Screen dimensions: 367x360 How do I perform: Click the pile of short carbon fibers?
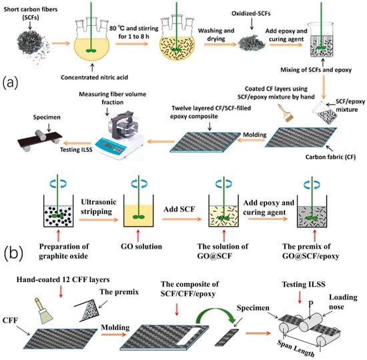[x=33, y=45]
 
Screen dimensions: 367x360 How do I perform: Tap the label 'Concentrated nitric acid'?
[x=94, y=77]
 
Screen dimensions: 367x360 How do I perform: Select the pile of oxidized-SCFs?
[x=252, y=43]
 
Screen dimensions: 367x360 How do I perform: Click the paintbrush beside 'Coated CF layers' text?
[x=286, y=113]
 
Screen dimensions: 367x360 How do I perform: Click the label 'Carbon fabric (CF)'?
[x=330, y=157]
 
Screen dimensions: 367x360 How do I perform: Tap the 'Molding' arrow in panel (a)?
[x=251, y=141]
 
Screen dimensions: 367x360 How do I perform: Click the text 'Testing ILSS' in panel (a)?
[x=76, y=150]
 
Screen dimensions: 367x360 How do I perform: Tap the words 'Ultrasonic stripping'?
[x=99, y=207]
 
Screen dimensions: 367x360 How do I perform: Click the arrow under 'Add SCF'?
[x=181, y=219]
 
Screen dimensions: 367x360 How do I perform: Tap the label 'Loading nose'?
[x=343, y=302]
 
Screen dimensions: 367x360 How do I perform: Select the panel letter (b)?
[x=13, y=253]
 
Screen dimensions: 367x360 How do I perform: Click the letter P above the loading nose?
[x=310, y=304]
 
